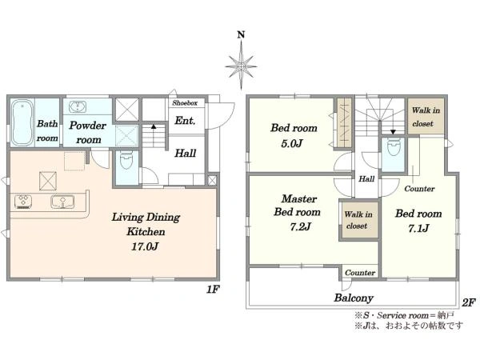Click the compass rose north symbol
coord(241,62)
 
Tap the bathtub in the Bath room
coord(22,123)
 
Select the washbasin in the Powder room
coord(78,107)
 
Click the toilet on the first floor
coord(126,159)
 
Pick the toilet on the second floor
coord(393,147)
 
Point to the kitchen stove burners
coord(23,202)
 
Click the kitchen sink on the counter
coord(62,202)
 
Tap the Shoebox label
coord(185,103)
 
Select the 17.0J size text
coord(144,246)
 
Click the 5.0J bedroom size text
coord(292,143)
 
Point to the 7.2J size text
coord(300,227)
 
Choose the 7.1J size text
coord(418,228)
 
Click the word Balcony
coord(354,298)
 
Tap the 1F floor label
coord(213,290)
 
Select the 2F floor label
coord(469,302)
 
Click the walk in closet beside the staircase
coord(426,116)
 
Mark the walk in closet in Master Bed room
coord(358,220)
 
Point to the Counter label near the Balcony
coord(360,273)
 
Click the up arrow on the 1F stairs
coord(154,126)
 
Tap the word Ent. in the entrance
coord(185,121)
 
